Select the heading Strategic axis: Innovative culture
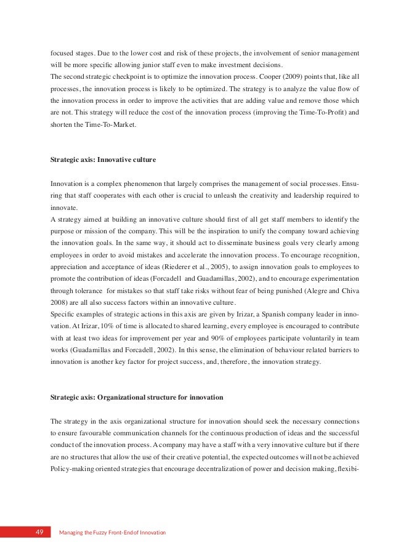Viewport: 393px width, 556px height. [x=103, y=160]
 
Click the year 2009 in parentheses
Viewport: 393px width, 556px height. [x=303, y=77]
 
